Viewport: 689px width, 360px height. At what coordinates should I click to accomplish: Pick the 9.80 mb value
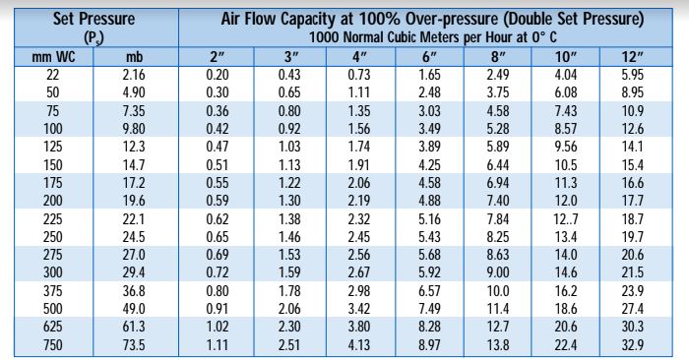coord(136,128)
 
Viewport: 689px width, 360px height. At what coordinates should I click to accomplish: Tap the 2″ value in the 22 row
coord(214,75)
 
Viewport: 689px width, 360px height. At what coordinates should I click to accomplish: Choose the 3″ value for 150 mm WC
coord(288,163)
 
